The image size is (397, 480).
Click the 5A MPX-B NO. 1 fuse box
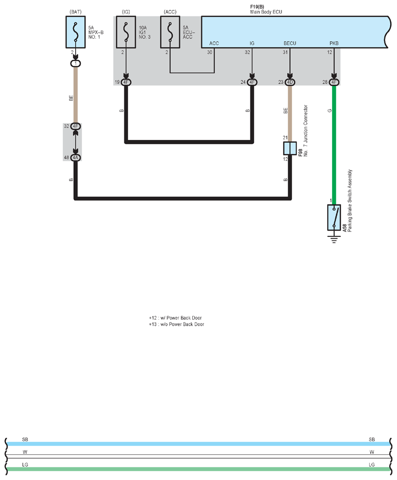[76, 32]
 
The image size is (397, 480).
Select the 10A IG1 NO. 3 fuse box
[126, 32]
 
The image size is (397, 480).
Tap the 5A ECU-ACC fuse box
[170, 32]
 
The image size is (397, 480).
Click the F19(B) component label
[257, 7]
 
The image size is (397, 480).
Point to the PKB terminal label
[334, 43]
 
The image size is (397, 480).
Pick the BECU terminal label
[290, 43]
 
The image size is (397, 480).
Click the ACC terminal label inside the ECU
[214, 43]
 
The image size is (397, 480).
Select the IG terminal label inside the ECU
[252, 43]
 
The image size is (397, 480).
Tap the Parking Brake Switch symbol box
[334, 217]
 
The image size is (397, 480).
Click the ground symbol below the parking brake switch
[334, 239]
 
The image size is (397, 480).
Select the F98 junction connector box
[290, 148]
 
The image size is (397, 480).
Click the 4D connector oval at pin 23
[290, 82]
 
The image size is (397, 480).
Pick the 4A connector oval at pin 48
[76, 157]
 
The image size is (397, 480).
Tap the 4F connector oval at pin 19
[126, 82]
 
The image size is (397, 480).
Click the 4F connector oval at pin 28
[334, 82]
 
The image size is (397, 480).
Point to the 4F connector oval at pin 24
[252, 82]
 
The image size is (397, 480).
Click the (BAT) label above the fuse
[76, 12]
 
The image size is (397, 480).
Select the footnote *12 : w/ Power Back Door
[176, 318]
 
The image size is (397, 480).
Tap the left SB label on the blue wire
[25, 439]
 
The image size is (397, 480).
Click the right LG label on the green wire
[372, 465]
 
